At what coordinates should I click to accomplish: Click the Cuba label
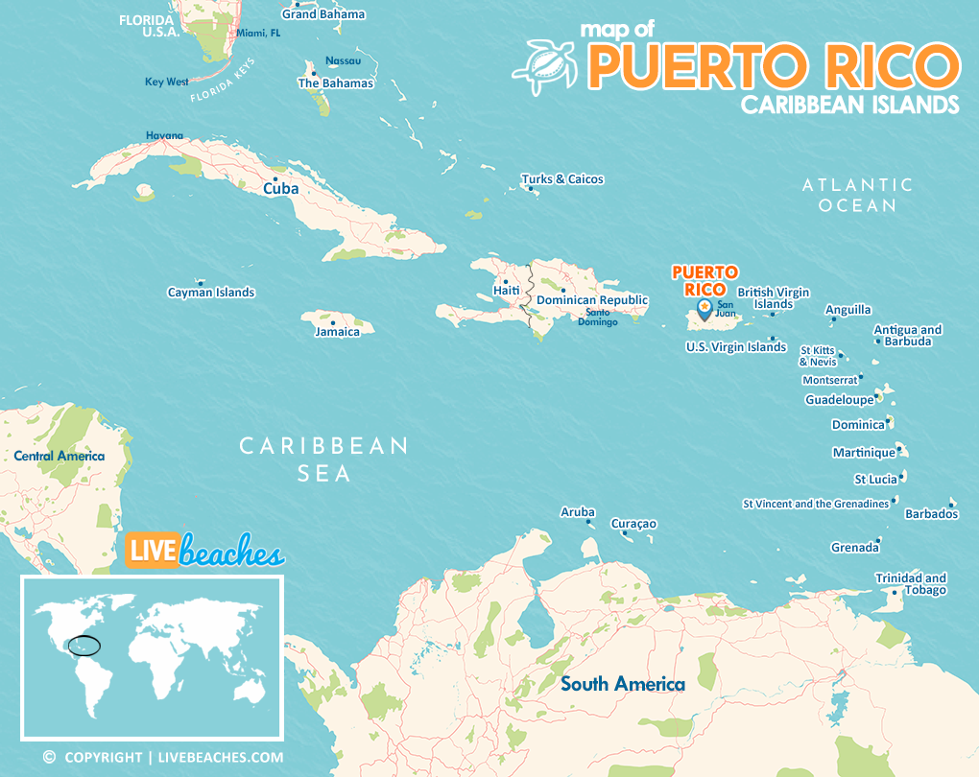coord(281,189)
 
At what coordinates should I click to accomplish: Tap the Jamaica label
coord(337,332)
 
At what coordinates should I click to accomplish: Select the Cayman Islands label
coord(211,293)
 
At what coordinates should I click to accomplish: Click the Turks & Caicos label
coord(562,179)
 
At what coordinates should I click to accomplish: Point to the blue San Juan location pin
coord(704,309)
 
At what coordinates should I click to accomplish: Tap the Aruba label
coord(578,512)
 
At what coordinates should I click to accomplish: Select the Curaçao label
coord(633,524)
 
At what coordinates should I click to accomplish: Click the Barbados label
coord(931,514)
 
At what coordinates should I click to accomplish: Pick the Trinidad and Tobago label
coord(911,583)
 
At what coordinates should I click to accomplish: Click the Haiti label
coord(506,290)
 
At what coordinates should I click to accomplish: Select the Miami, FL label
coord(258,33)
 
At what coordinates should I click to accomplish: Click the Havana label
coord(164,135)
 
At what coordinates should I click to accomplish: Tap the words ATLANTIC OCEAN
coord(857,195)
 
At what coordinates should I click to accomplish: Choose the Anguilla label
coord(848,310)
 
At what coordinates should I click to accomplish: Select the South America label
coord(623,684)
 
